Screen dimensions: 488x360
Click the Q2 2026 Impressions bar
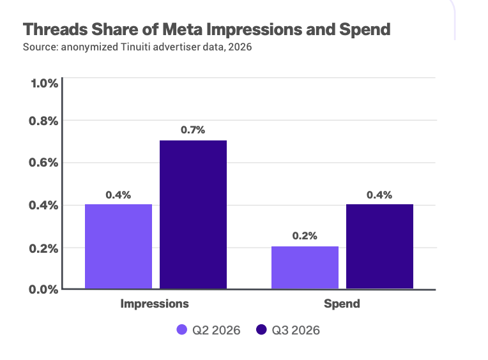coord(118,246)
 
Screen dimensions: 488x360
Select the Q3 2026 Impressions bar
coord(193,214)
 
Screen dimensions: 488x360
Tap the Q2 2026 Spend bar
coord(305,267)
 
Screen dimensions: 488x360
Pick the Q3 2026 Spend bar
coord(379,246)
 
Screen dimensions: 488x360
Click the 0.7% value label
coord(193,130)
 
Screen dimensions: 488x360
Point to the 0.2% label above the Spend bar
coord(305,236)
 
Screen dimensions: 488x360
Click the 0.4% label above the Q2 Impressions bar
coord(118,195)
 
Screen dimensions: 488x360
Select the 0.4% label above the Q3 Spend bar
coord(379,195)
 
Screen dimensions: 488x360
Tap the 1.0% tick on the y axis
coord(44,84)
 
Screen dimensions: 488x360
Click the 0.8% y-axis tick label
coord(43,121)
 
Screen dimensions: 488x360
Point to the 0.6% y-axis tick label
coord(43,163)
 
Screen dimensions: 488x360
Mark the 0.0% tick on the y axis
coord(43,290)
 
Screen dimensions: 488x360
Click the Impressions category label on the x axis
coord(155,304)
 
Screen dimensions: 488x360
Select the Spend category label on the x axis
coord(342,304)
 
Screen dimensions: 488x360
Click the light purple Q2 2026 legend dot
coord(182,329)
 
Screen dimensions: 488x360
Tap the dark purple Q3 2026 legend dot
coord(261,329)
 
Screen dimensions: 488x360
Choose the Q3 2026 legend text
coord(296,330)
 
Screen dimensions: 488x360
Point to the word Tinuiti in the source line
coord(135,47)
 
